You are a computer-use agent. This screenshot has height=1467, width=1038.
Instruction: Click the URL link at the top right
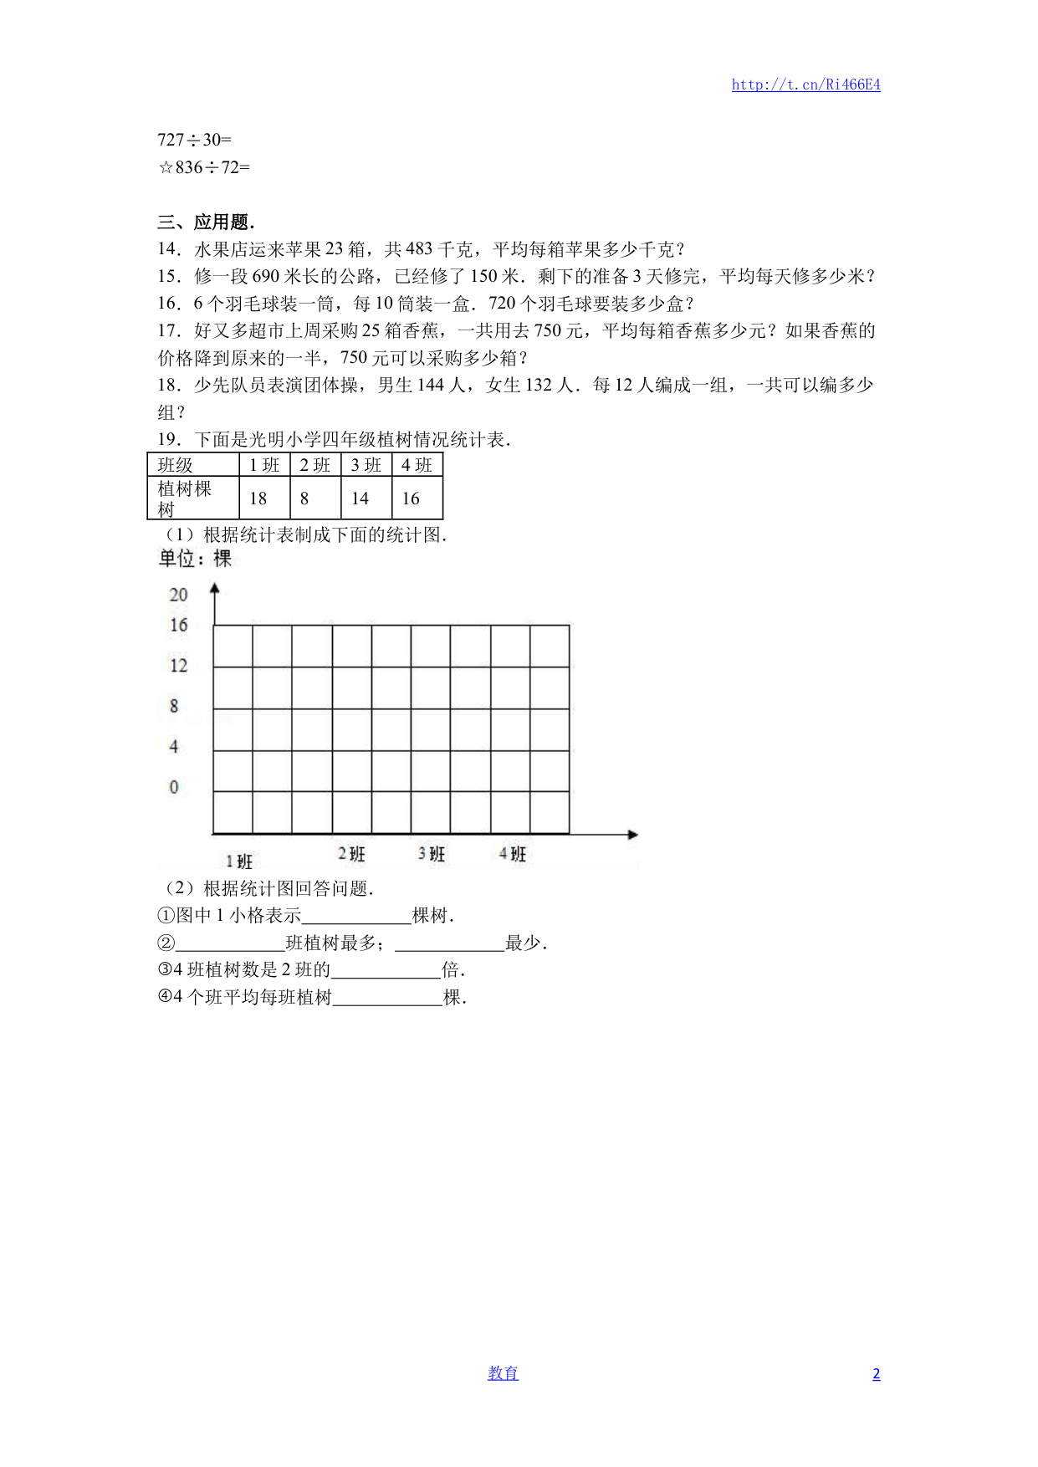click(x=805, y=84)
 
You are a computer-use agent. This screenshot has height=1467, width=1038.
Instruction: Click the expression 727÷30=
click(x=194, y=140)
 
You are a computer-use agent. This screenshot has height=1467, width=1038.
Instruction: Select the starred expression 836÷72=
click(x=204, y=167)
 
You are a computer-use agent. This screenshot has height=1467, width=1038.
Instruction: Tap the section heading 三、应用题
click(x=206, y=222)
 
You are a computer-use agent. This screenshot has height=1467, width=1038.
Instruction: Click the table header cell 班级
click(x=176, y=465)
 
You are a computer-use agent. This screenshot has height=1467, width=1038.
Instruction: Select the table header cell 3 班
click(x=366, y=465)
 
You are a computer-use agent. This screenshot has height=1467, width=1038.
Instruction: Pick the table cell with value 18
click(x=258, y=498)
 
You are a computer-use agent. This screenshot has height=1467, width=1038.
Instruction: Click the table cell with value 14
click(x=360, y=498)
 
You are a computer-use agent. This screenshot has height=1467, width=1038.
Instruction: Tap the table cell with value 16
click(x=411, y=498)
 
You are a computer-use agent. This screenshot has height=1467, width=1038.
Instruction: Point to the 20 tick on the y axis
click(x=178, y=595)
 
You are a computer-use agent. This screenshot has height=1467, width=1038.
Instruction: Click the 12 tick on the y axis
click(x=178, y=666)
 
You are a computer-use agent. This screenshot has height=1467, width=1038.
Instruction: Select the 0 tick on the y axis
click(x=174, y=787)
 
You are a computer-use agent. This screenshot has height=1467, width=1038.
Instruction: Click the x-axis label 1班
click(x=239, y=861)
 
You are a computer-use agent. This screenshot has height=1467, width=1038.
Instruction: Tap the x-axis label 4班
click(x=513, y=854)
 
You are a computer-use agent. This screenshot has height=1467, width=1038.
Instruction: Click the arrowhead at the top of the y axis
click(x=215, y=589)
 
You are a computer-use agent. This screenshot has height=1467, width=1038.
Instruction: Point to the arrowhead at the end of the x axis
click(x=633, y=835)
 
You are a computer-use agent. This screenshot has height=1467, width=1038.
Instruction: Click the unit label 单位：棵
click(x=196, y=559)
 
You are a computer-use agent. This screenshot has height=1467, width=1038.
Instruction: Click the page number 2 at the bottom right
click(x=876, y=1374)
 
